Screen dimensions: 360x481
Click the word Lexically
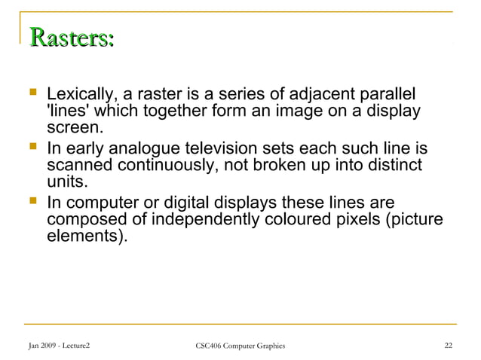[x=78, y=96]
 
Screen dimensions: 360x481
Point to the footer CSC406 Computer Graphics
[x=240, y=346]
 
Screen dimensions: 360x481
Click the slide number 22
[x=449, y=346]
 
